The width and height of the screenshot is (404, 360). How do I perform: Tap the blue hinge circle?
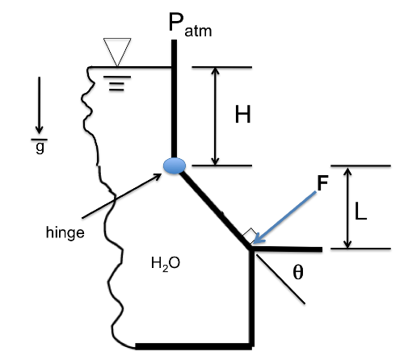pyautogui.click(x=175, y=165)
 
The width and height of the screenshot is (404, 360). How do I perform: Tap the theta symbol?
pyautogui.click(x=298, y=273)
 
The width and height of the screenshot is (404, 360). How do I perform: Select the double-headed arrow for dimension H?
pyautogui.click(x=214, y=116)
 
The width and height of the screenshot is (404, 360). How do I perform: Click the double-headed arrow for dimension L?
pyautogui.click(x=347, y=208)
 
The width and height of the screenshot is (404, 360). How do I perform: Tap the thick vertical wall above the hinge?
pyautogui.click(x=174, y=97)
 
